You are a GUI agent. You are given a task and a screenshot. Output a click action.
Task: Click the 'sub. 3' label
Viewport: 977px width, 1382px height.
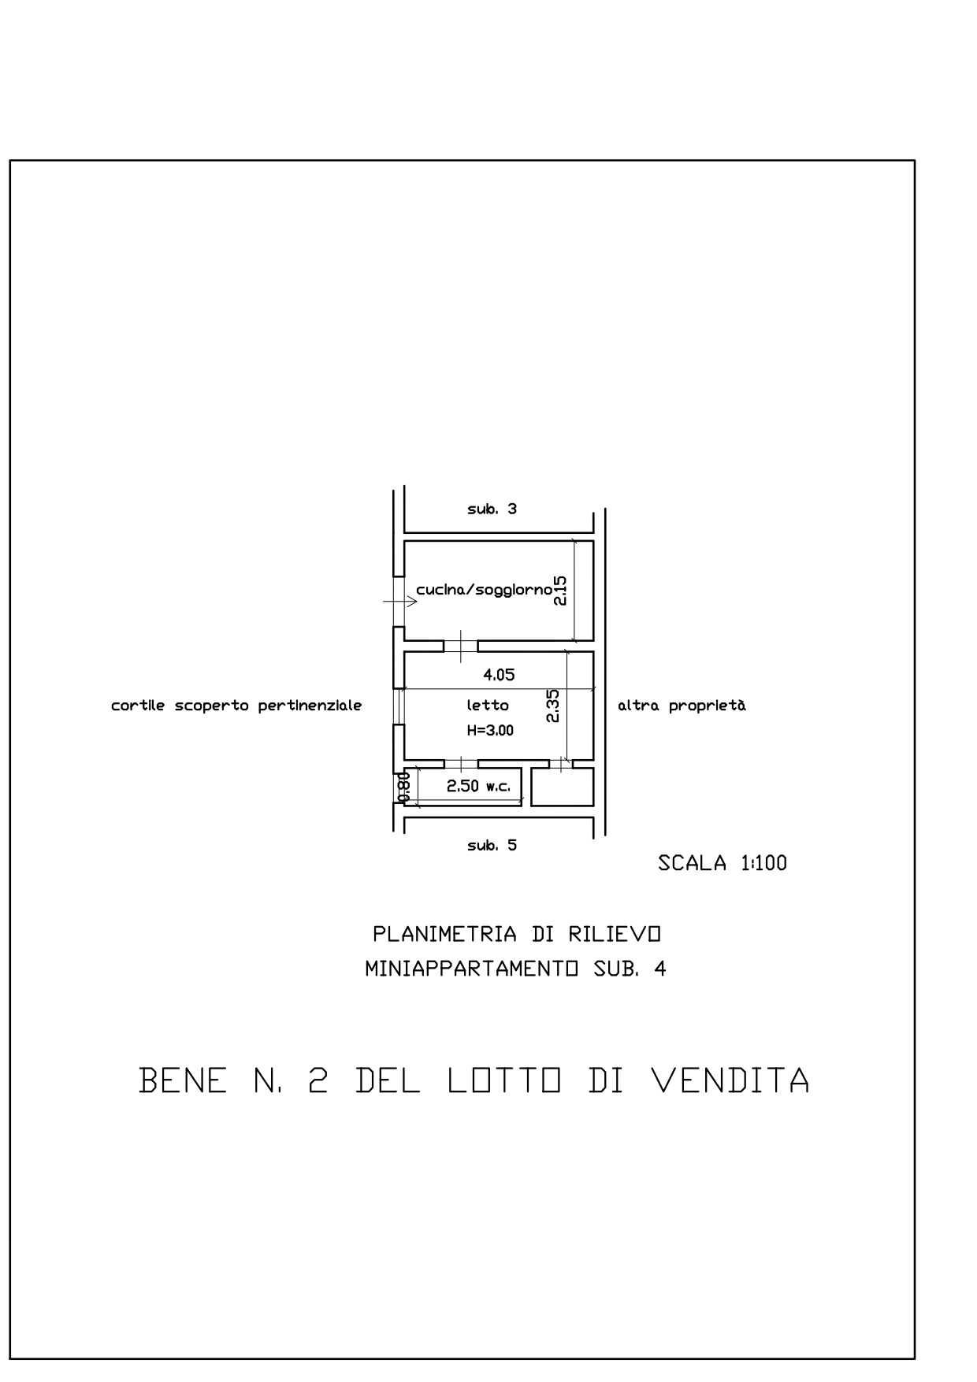(x=492, y=509)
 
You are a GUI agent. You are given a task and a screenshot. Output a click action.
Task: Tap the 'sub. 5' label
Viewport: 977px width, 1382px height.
(x=492, y=846)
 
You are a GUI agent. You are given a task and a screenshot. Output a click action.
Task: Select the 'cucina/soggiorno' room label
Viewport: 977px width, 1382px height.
(x=483, y=590)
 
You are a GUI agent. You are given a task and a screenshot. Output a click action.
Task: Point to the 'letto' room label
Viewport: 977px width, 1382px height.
(x=488, y=706)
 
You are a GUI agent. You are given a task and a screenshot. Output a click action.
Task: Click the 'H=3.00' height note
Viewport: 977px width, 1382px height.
(x=490, y=731)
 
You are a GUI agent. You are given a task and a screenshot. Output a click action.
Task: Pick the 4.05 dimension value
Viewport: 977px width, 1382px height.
(x=499, y=674)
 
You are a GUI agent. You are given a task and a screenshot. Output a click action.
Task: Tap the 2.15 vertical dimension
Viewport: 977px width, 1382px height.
(x=559, y=590)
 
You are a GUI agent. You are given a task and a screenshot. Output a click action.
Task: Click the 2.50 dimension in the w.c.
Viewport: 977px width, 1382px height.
(x=463, y=786)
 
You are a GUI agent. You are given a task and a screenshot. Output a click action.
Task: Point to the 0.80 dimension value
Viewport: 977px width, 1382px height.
(x=403, y=787)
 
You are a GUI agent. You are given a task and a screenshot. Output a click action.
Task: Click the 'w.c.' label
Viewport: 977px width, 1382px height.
(x=498, y=786)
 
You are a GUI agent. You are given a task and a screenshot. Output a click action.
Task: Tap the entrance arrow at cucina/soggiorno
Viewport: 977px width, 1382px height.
(x=399, y=602)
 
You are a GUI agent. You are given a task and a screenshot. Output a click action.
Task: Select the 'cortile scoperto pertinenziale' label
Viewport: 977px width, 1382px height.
(x=236, y=706)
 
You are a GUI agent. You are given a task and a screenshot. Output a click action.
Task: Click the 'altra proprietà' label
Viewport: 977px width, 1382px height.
(x=682, y=706)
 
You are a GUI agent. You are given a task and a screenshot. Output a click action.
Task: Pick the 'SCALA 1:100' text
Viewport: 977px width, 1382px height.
(x=723, y=863)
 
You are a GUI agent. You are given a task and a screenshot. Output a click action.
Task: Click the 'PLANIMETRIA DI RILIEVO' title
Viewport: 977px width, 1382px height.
(x=516, y=935)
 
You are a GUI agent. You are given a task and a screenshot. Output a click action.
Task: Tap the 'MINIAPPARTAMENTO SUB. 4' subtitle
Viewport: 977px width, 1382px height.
(x=515, y=969)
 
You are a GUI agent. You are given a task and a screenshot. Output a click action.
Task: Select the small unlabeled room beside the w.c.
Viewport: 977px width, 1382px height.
(x=562, y=787)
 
